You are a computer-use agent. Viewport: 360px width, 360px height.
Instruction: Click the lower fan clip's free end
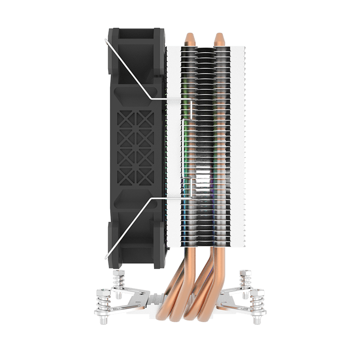click(106, 257)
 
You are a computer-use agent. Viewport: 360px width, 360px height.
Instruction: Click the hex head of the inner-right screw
click(246, 274)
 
